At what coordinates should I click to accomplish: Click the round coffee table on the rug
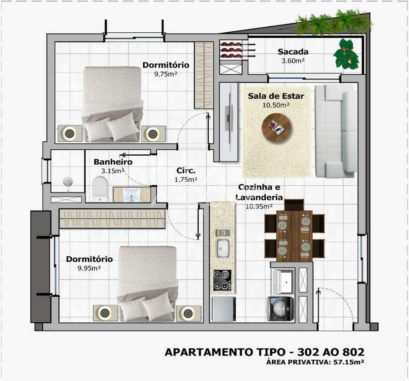276,128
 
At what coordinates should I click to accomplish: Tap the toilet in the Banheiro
100,188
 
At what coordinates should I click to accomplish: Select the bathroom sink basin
132,194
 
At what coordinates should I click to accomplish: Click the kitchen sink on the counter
223,248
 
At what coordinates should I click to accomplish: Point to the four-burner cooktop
223,280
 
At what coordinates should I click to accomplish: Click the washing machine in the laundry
281,309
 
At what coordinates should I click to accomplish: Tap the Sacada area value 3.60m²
293,61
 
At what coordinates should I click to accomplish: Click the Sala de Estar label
276,96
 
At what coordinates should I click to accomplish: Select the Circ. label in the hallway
186,171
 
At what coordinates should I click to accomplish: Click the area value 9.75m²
165,74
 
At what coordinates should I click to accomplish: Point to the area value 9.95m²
89,268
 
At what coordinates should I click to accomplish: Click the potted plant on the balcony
346,54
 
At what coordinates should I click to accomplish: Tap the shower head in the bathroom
68,182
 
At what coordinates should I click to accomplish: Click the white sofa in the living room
336,131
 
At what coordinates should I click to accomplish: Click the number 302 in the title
308,352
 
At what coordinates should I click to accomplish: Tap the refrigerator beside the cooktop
224,309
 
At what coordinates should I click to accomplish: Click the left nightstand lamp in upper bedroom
70,134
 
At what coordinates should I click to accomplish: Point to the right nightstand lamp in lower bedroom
188,313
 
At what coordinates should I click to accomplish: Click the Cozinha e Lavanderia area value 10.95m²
259,207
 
